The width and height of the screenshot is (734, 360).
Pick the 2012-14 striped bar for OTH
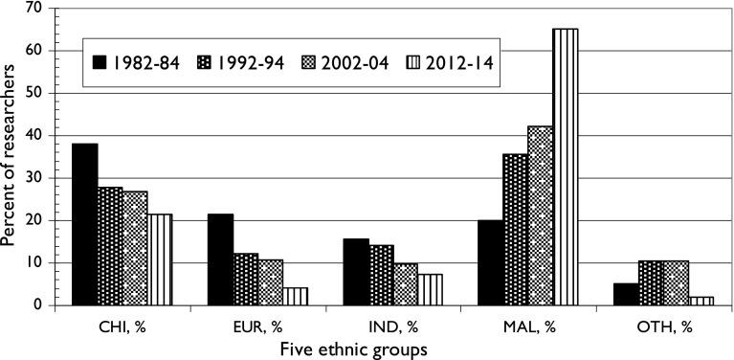point(701,301)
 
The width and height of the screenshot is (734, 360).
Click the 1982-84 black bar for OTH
point(627,294)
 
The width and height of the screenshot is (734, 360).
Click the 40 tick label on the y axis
point(38,135)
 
